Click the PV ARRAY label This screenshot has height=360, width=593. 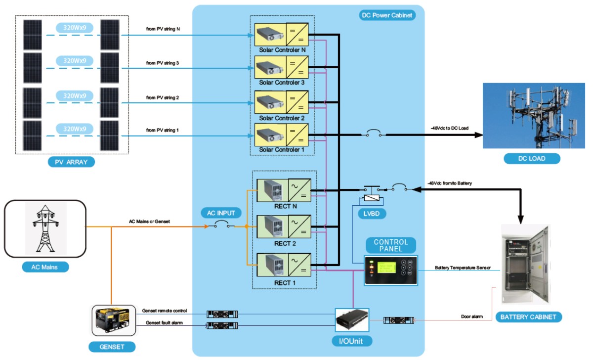(71, 162)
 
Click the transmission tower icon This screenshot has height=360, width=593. (46, 227)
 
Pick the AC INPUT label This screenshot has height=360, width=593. (221, 213)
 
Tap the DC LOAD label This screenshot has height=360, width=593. (532, 159)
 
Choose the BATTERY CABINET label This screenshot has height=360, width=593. (528, 317)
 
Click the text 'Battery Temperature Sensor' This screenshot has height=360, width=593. (463, 268)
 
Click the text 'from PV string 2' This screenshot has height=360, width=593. (163, 98)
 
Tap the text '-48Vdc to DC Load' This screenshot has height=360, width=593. (449, 129)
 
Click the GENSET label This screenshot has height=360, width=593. (112, 347)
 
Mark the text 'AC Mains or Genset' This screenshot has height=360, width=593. (149, 222)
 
